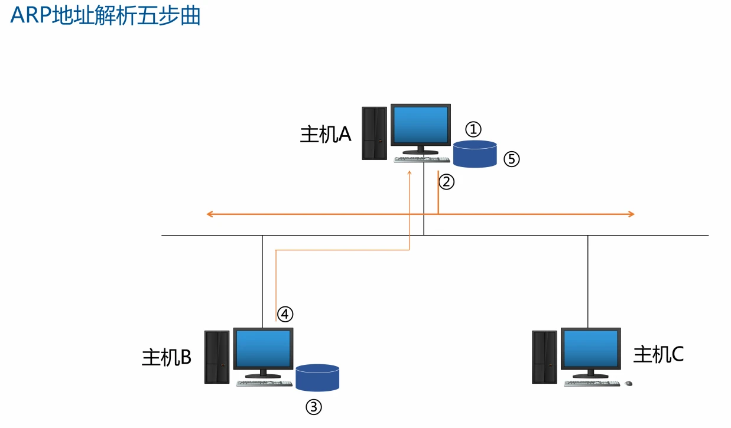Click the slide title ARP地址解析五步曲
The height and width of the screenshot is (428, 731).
105,16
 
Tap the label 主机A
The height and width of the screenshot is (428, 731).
326,135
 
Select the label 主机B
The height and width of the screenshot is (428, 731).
167,357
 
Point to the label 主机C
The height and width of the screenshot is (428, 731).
658,354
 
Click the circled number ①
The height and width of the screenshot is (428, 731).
473,129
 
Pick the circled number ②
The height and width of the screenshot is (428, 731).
447,182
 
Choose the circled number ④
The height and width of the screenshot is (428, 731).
285,314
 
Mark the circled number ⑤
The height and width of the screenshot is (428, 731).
511,159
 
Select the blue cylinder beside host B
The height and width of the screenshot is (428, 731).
318,378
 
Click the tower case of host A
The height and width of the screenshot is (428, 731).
374,133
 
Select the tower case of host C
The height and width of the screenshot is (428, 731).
545,357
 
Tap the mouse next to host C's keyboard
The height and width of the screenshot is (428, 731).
628,384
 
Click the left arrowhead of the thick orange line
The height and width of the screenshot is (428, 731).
209,214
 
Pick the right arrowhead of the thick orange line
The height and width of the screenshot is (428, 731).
632,214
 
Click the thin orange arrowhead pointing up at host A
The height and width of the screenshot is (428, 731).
410,174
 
